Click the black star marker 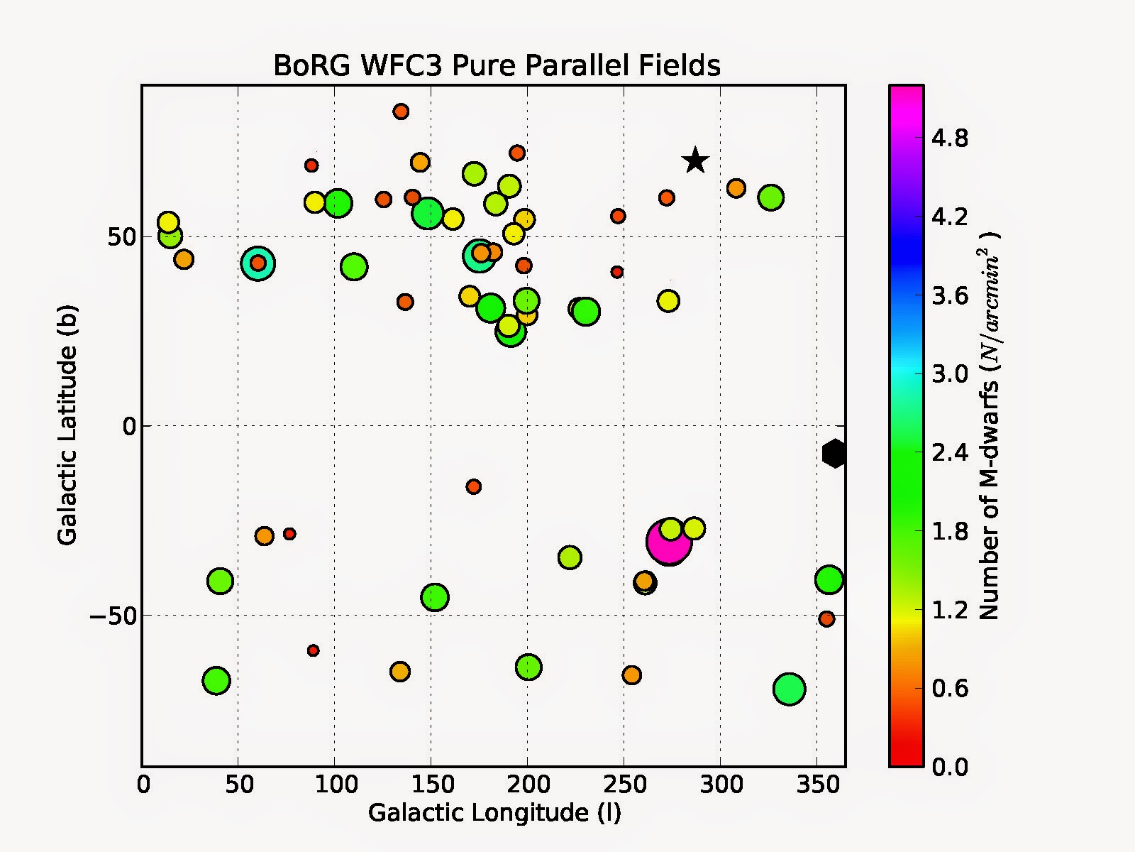pos(696,161)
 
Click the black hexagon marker pos(835,453)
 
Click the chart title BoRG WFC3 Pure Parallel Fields pos(497,65)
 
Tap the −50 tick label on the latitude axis pos(112,616)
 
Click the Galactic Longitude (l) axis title pos(494,812)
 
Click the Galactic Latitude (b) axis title pos(67,425)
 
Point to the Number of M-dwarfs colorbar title pos(989,425)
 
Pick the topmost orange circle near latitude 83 pos(401,111)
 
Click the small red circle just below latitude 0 pos(474,486)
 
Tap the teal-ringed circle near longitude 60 pos(258,263)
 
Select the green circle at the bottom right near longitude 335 pos(789,689)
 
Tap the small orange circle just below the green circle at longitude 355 pos(826,619)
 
